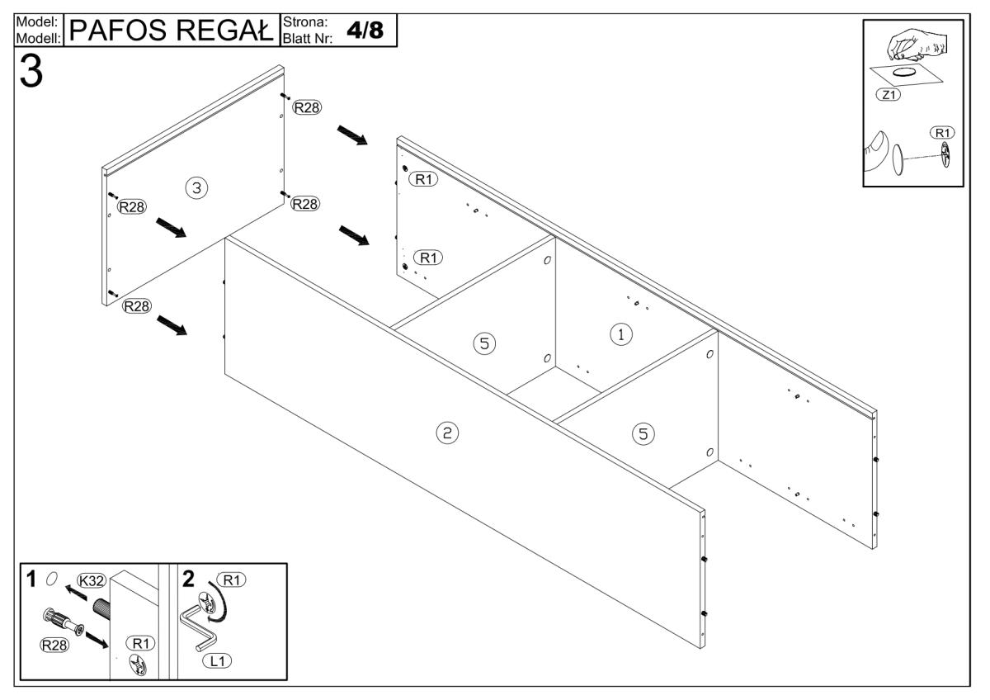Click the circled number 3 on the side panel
point(196,188)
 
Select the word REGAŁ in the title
point(229,31)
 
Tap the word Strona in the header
point(305,21)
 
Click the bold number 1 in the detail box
point(31,577)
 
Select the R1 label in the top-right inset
point(940,132)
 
